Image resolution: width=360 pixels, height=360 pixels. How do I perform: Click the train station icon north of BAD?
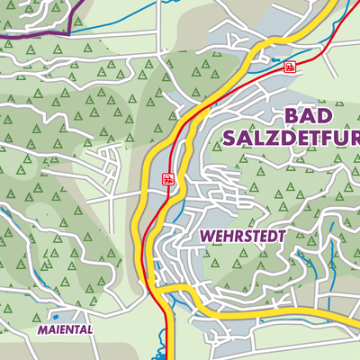click(x=289, y=67)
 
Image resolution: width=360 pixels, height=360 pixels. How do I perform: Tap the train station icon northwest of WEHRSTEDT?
click(x=168, y=179)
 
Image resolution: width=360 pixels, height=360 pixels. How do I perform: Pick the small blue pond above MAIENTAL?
click(x=56, y=316)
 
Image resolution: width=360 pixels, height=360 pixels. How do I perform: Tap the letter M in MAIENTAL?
click(x=41, y=330)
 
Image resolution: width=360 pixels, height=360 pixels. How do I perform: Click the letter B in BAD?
click(x=292, y=115)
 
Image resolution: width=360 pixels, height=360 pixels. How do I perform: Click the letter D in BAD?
click(x=328, y=115)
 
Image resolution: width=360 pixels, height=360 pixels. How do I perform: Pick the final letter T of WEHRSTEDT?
click(x=281, y=236)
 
